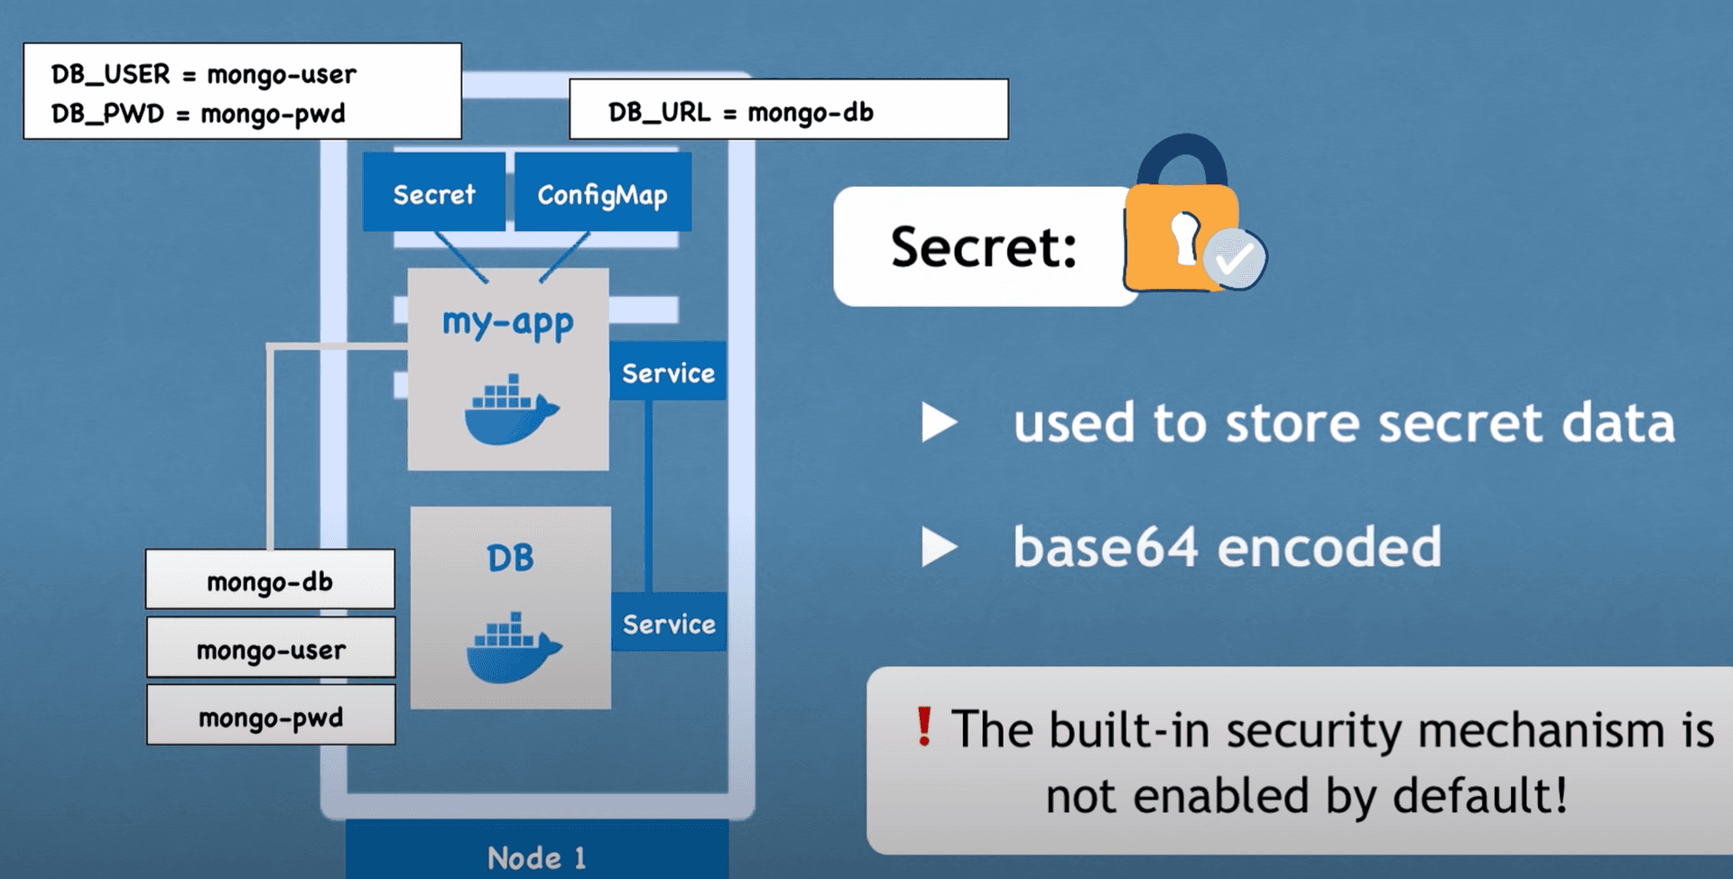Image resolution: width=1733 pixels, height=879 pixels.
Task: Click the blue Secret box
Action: (x=434, y=193)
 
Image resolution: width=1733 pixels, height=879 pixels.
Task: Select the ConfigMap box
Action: (x=602, y=193)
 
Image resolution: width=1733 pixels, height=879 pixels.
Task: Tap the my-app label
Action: (x=507, y=322)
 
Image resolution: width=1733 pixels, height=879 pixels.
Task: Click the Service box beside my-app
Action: (x=668, y=372)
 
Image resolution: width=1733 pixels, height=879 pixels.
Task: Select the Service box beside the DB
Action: (x=669, y=623)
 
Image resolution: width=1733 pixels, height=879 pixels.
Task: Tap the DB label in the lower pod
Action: (x=510, y=558)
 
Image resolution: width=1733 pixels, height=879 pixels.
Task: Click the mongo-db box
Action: (x=270, y=580)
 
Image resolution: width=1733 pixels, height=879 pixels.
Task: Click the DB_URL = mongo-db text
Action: (x=740, y=112)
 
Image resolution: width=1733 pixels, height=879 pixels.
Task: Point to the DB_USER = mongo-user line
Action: (x=203, y=74)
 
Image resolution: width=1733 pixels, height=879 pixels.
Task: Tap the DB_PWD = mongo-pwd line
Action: (x=198, y=114)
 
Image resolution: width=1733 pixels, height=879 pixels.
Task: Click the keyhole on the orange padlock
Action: (x=1184, y=237)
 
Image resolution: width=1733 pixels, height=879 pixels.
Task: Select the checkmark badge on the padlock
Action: (x=1234, y=259)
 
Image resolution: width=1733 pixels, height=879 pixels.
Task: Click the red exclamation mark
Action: (x=923, y=726)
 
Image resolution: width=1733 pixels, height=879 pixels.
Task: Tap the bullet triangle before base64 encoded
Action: (x=939, y=547)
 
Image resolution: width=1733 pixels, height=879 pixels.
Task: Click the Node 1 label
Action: (x=536, y=857)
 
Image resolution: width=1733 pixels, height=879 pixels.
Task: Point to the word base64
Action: (x=1106, y=547)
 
